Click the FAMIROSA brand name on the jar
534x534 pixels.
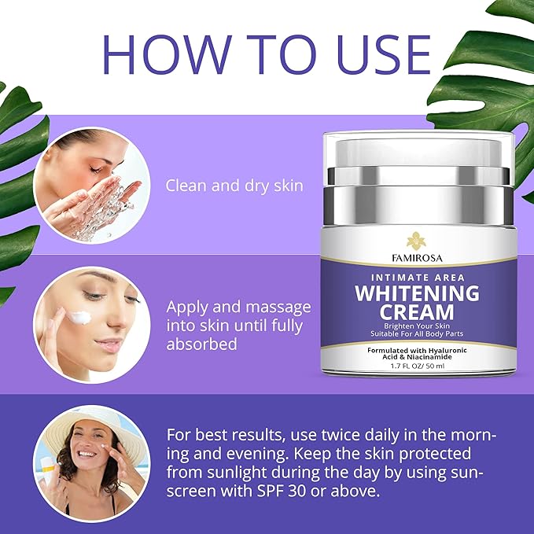[417, 258]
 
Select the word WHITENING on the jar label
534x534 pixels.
[417, 293]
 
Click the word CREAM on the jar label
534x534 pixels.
[417, 312]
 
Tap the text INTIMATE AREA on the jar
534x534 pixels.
[418, 278]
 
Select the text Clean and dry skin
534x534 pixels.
[234, 186]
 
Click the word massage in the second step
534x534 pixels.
[278, 308]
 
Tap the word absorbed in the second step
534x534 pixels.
[201, 344]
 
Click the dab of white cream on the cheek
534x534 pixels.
[79, 318]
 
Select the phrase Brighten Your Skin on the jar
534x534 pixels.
[417, 326]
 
